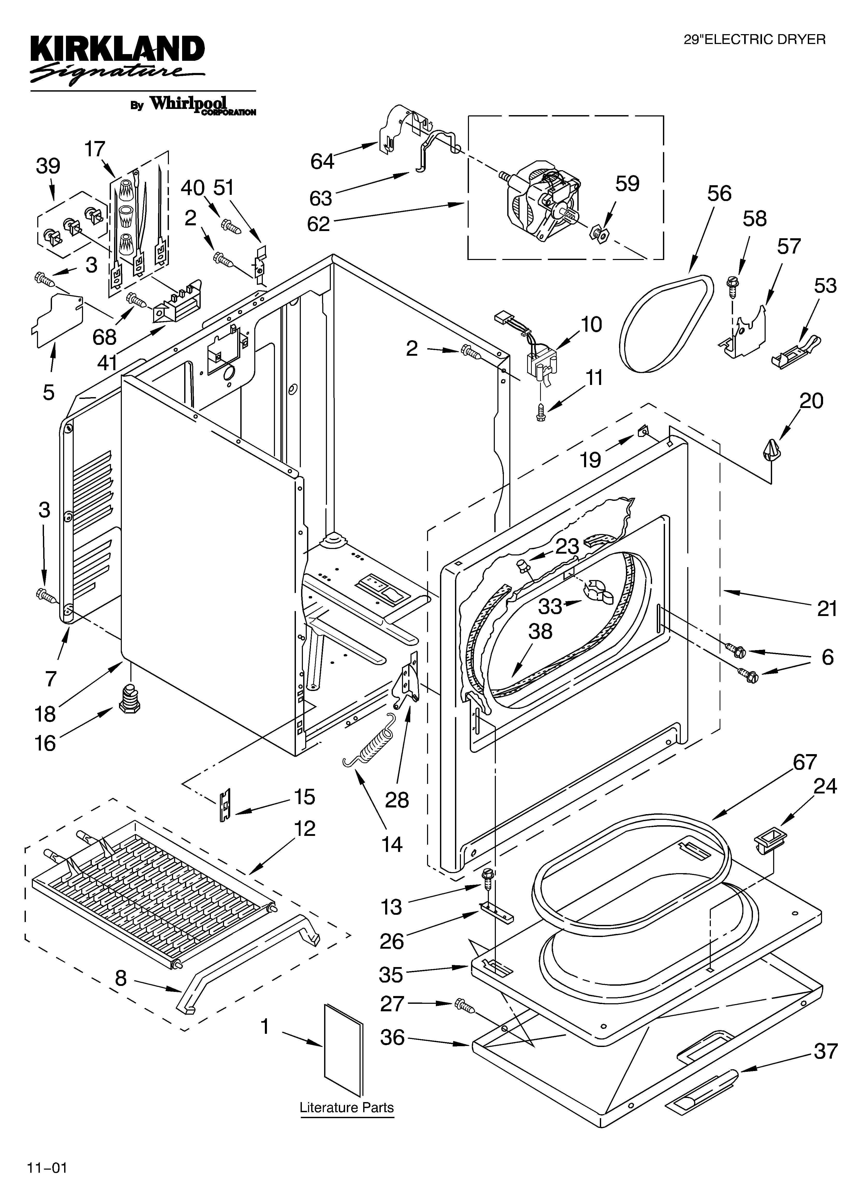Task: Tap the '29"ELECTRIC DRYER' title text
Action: (x=754, y=40)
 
